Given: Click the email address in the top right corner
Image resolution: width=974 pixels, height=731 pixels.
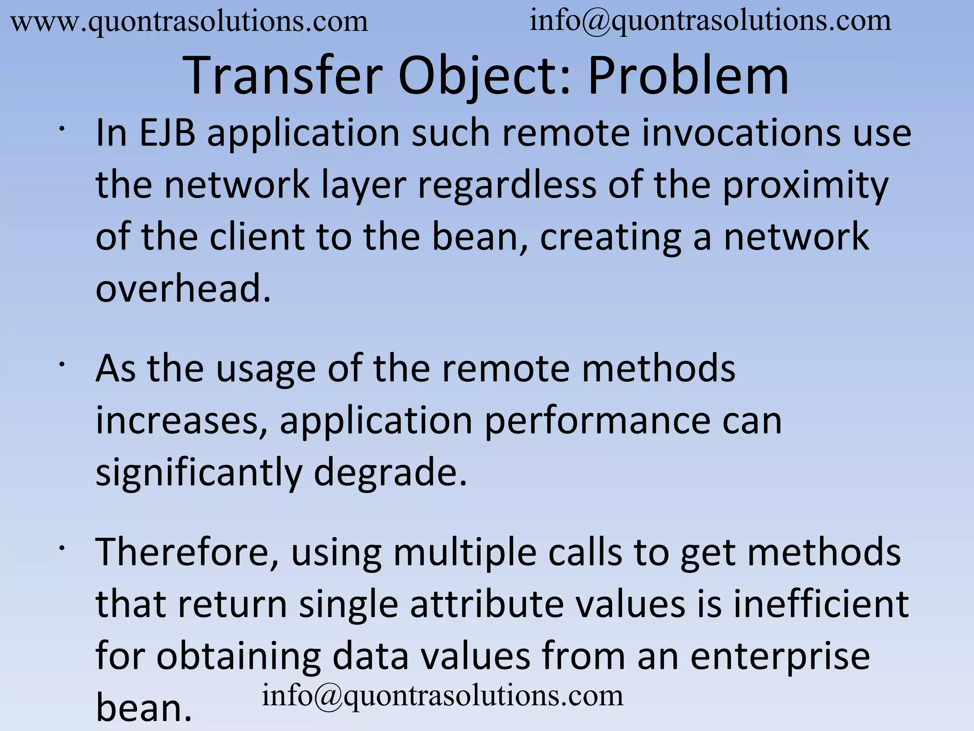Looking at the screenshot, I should pos(710,21).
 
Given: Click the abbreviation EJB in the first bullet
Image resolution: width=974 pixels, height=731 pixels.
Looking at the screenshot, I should pos(167,133).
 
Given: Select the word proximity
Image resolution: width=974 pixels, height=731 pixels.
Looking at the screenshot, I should pos(805,186).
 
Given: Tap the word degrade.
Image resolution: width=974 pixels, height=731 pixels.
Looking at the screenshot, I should pos(390,472).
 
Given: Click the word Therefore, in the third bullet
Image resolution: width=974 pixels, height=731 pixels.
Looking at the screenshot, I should pos(187,552).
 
